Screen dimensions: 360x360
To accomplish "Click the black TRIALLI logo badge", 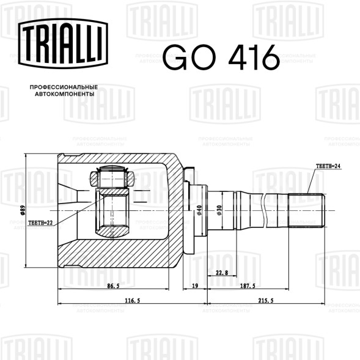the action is pos(63,43).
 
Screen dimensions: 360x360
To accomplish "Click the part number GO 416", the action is pos(221,57).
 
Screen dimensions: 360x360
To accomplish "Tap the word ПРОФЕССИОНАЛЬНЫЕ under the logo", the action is pos(64,87).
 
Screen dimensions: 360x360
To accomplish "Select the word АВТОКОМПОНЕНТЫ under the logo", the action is pos(65,94).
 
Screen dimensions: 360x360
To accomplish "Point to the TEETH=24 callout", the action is pos(328,166).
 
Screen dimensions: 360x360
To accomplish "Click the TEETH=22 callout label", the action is pos(40,222).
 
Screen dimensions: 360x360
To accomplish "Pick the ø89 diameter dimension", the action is pos(23,210).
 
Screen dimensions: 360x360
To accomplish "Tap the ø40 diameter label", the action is pos(199,210).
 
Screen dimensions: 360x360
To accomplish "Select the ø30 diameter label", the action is pos(219,210).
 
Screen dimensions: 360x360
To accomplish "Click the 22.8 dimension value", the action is pos(222,273).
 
